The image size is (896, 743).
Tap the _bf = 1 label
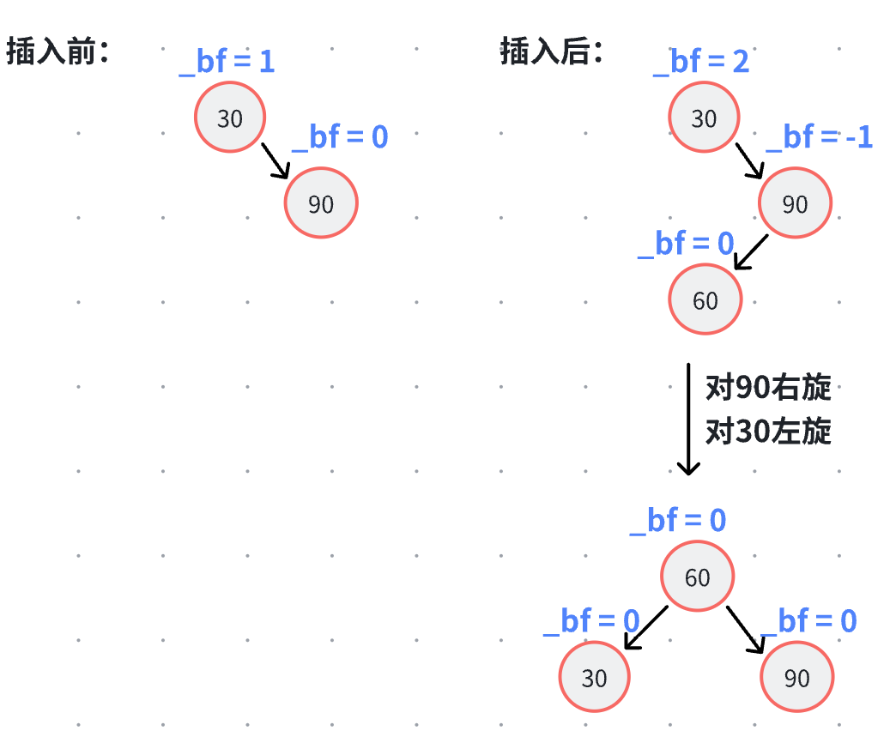(x=227, y=62)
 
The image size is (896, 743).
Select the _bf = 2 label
(x=701, y=62)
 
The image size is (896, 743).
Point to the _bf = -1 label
(x=819, y=137)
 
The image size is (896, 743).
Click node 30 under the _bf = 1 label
(x=230, y=118)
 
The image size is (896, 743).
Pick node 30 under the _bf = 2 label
(x=704, y=118)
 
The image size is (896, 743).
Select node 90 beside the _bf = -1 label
(x=795, y=203)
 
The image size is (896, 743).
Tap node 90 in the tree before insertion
(x=321, y=203)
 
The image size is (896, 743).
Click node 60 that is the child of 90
(x=705, y=299)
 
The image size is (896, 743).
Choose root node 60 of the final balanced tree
(x=697, y=577)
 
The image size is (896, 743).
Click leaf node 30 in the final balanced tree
(x=594, y=678)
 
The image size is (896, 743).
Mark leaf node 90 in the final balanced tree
(x=796, y=678)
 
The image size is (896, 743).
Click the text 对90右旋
(x=768, y=389)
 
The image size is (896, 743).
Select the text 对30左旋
(x=768, y=431)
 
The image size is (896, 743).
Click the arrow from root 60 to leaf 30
(x=645, y=627)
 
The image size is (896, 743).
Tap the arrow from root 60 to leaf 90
(x=745, y=629)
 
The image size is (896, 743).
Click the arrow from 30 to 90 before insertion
(x=275, y=160)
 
